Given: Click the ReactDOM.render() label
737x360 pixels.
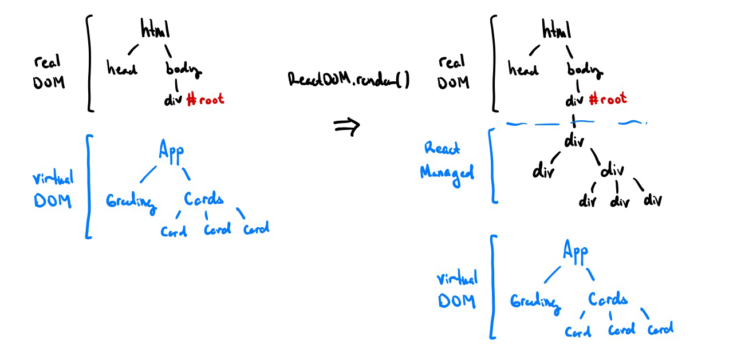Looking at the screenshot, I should [348, 81].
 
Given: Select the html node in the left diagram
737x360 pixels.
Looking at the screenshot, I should [155, 29].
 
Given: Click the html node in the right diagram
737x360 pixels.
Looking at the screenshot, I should [557, 29].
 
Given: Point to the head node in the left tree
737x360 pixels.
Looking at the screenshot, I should [122, 69].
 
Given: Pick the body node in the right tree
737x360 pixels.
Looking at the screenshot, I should [585, 70].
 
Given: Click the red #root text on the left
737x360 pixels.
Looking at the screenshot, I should [205, 100].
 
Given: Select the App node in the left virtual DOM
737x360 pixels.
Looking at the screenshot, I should [171, 151].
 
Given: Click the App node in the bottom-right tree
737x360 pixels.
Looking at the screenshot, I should [575, 251].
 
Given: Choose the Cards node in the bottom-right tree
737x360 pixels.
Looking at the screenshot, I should [608, 299].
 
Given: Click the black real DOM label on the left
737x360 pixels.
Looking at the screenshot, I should [49, 72].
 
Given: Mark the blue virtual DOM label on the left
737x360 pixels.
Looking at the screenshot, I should [53, 191].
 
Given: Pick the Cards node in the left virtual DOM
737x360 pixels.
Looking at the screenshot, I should [203, 199].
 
